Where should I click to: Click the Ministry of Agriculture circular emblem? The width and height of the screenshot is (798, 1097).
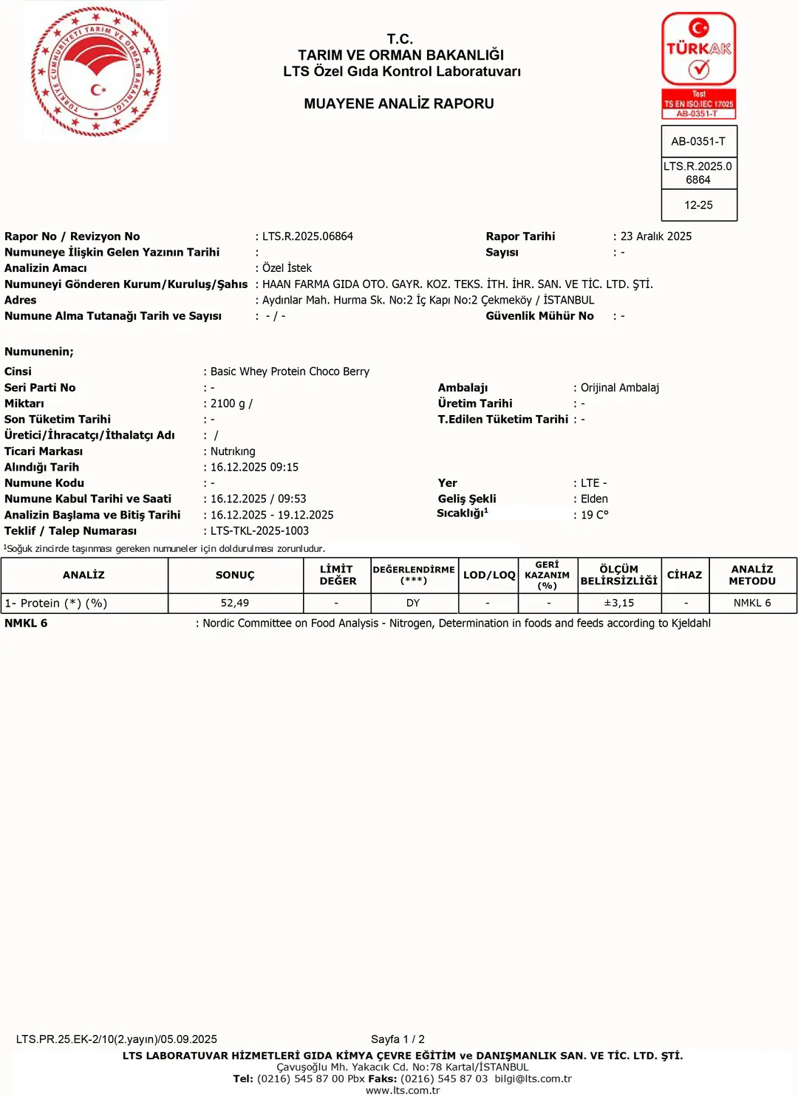point(96,72)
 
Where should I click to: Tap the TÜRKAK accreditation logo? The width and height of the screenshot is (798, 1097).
point(698,65)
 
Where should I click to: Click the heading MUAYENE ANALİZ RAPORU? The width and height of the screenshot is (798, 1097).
point(399,103)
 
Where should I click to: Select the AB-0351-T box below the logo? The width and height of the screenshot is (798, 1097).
point(698,141)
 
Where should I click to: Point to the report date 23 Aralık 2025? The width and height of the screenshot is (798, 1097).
point(656,236)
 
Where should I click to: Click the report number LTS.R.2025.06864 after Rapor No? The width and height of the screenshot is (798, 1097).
point(307,236)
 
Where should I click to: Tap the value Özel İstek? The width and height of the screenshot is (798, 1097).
point(287,268)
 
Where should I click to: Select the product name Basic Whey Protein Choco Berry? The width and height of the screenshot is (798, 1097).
point(290,372)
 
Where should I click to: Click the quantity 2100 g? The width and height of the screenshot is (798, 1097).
point(228,403)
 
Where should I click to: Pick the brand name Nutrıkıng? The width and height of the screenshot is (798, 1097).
point(233,451)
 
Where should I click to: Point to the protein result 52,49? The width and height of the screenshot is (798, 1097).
point(235,603)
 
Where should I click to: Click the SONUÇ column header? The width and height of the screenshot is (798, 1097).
point(235,575)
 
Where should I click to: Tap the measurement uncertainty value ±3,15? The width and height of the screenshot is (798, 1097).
point(619,603)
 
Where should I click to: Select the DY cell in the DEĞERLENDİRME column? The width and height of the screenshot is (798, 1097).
point(413,603)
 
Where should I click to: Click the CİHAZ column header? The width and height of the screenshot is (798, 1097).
point(684,575)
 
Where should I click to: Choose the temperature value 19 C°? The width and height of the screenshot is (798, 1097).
point(595,515)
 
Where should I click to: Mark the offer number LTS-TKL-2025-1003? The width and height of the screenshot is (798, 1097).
point(259,531)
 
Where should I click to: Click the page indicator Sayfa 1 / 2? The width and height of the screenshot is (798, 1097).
point(398,1039)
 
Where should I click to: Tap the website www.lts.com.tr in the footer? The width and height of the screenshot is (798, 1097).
point(403,1090)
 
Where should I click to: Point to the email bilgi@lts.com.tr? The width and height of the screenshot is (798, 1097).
point(533,1079)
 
